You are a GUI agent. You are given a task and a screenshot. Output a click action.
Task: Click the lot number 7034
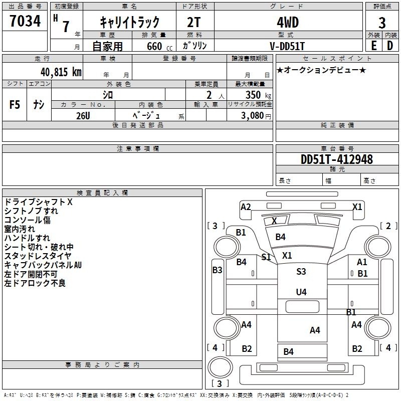point(25,21)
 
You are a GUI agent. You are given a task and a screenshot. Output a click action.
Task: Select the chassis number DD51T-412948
point(337,159)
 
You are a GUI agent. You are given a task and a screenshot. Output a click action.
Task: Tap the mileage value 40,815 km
point(61,72)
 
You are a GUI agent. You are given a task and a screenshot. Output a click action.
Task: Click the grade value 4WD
point(288,23)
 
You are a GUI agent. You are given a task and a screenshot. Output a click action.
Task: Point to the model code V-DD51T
point(287,46)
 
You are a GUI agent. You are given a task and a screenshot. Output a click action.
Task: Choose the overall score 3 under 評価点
point(382,23)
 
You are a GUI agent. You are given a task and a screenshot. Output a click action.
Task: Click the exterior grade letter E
point(373,46)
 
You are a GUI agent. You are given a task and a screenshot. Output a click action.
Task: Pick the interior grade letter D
point(390,46)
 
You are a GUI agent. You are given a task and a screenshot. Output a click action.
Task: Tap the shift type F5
point(15,105)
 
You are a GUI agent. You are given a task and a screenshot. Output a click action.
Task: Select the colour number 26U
point(83,116)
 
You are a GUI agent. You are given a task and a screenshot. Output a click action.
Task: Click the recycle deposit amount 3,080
point(252,116)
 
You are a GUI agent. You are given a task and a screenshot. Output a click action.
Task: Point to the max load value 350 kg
point(258,95)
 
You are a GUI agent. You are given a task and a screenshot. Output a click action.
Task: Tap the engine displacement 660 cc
point(159,47)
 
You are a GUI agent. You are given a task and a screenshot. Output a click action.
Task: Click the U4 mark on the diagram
point(301,292)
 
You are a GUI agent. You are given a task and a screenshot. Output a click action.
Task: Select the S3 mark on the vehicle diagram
point(301,271)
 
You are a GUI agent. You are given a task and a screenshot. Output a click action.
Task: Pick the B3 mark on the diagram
point(218,270)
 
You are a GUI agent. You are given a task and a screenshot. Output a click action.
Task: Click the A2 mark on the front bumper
point(246,207)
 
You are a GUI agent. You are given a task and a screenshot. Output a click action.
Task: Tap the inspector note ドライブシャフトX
point(39,202)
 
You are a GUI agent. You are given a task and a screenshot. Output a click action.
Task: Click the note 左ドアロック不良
point(35,283)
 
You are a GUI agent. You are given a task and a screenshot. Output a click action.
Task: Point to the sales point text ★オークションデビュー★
point(321,70)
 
